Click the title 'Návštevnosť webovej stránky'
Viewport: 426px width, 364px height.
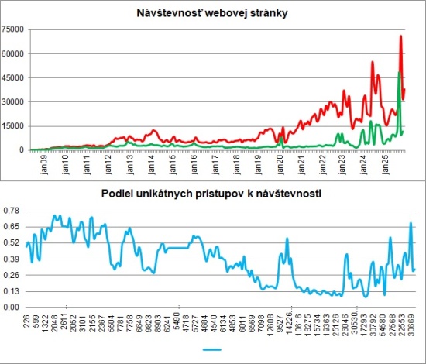pyautogui.click(x=212, y=13)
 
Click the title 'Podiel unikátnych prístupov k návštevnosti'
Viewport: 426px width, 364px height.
pyautogui.click(x=212, y=194)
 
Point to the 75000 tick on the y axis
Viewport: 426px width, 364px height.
pyautogui.click(x=14, y=29)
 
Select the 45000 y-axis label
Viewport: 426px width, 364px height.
pyautogui.click(x=14, y=77)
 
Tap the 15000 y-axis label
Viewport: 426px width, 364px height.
pyautogui.click(x=14, y=126)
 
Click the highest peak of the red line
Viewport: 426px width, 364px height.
pyautogui.click(x=400, y=36)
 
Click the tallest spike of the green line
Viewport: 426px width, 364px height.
pyautogui.click(x=398, y=73)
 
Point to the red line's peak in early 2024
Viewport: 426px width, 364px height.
pyautogui.click(x=373, y=62)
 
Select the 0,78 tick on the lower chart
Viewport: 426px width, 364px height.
pyautogui.click(x=12, y=211)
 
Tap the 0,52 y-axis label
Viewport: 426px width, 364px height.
pyautogui.click(x=12, y=243)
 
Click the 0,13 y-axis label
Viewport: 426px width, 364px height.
pyautogui.click(x=12, y=291)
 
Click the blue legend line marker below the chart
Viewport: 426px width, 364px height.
pyautogui.click(x=212, y=350)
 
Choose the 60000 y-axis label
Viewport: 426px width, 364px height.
pyautogui.click(x=14, y=53)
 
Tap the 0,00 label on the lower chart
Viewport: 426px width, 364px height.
pyautogui.click(x=12, y=307)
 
